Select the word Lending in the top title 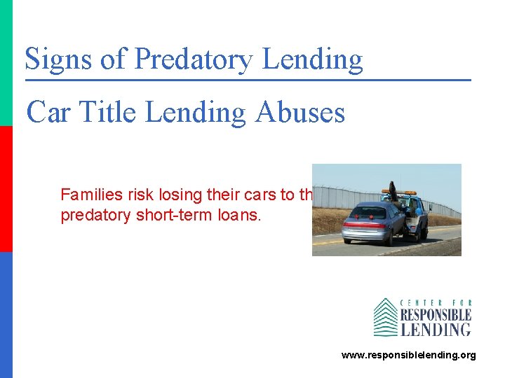[312, 60]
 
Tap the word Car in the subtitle [48, 111]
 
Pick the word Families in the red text [86, 195]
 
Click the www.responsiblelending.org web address [408, 356]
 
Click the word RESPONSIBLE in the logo [435, 315]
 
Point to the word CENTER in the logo [417, 303]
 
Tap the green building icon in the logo [385, 317]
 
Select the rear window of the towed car [368, 211]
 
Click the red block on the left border [6, 189]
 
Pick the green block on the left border [6, 63]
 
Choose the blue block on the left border [6, 315]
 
